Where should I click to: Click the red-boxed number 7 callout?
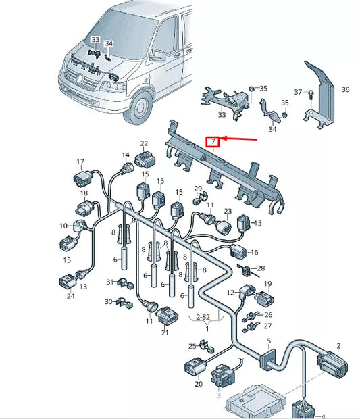coord(213,142)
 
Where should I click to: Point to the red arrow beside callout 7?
coord(238,139)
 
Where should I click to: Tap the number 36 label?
coord(345,89)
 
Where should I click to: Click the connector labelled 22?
coord(145,159)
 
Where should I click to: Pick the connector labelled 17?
coord(82,178)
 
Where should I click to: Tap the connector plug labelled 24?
coord(67,282)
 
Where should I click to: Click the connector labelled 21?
coord(166,316)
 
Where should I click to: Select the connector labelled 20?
coord(195,366)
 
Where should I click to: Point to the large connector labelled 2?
coord(333,364)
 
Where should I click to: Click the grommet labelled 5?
coord(267,360)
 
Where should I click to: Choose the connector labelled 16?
coord(238,251)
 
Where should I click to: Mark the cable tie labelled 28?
coord(247,270)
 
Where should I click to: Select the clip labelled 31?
coord(124,284)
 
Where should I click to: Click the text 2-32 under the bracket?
coord(203,317)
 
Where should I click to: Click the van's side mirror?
coord(157,55)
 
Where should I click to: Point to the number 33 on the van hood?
coord(95,40)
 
